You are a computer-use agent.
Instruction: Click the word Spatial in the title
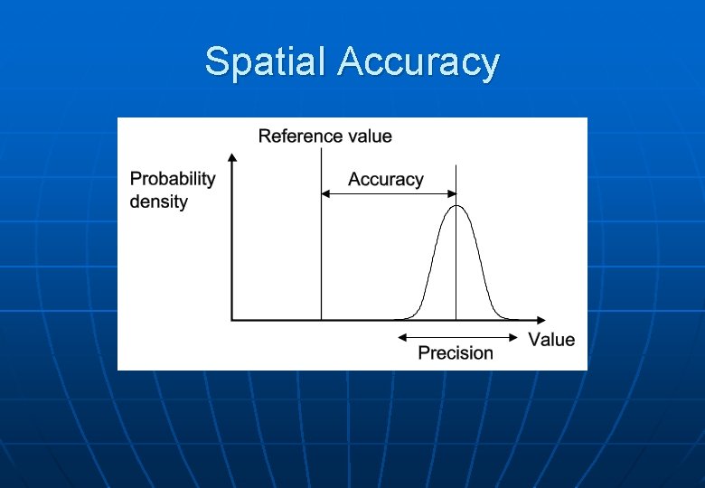click(x=267, y=62)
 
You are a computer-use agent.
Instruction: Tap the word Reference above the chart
click(x=297, y=136)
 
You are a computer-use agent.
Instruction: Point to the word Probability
click(x=173, y=178)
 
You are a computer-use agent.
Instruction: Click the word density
click(x=158, y=201)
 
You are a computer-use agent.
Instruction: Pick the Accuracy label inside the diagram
click(x=385, y=179)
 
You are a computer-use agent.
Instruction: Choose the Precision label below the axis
click(x=456, y=352)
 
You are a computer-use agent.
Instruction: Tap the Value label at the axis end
click(x=551, y=340)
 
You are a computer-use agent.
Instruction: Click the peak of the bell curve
click(x=456, y=207)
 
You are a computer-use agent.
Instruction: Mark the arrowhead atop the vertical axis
click(x=232, y=159)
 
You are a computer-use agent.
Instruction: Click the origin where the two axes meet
click(x=232, y=319)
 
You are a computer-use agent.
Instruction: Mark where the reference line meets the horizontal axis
click(x=321, y=319)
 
